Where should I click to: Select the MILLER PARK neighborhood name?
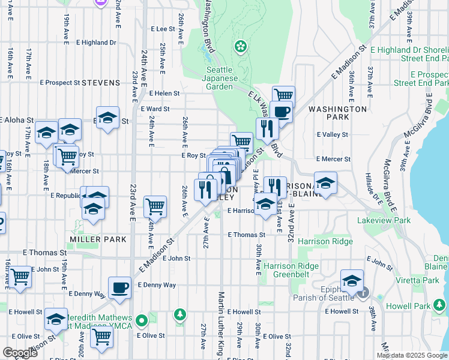(x=98, y=239)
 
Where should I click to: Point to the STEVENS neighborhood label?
(x=101, y=82)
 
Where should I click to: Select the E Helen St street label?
(x=165, y=94)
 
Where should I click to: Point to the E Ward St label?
(x=155, y=109)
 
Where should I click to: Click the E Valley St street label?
(x=333, y=134)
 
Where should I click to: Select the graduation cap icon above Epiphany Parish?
(x=352, y=280)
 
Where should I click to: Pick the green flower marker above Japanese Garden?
(x=241, y=46)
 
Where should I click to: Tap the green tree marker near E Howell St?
(x=179, y=314)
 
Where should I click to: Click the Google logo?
(x=20, y=353)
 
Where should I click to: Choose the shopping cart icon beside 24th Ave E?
(x=155, y=206)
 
